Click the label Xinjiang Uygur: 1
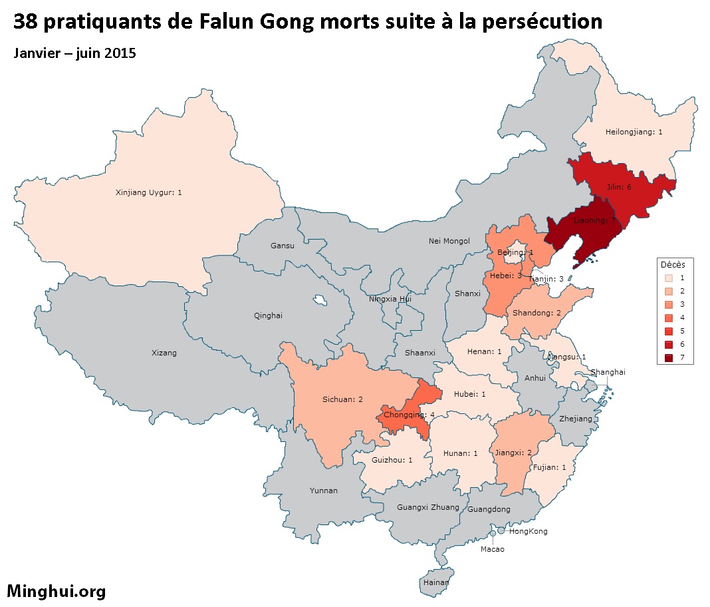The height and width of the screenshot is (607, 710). pos(149,193)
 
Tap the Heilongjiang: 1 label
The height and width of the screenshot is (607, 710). pos(634,132)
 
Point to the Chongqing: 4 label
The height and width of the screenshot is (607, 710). pos(410,415)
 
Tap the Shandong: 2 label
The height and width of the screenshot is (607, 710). pos(536,313)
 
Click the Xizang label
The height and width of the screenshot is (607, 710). pos(164,353)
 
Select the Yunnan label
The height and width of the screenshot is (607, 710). pos(324,491)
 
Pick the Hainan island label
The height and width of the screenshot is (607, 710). pos(436,582)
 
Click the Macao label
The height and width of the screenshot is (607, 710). pos(493,549)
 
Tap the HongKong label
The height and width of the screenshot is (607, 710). pos(529,531)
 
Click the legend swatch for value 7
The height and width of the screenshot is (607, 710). pos(668,359)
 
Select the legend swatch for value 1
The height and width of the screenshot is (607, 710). pos(668,278)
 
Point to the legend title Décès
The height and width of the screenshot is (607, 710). pos(673,265)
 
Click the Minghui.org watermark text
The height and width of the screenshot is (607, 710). pos(57,590)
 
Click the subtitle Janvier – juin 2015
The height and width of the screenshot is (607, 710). pos(75,53)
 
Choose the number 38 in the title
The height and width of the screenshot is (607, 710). pos(25,22)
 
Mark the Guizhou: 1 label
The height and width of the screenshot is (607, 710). pos(392,460)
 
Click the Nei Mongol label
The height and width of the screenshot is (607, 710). pos(449,241)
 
